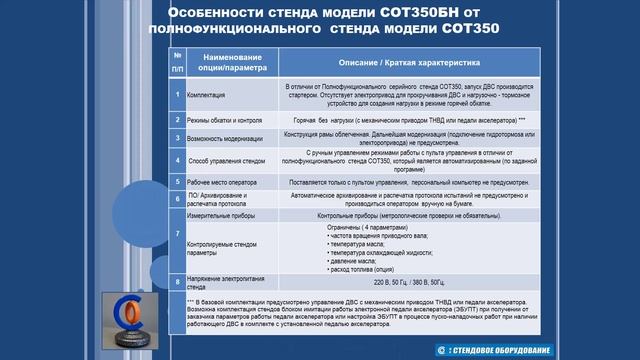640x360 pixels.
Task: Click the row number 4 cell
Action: coord(177,158)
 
